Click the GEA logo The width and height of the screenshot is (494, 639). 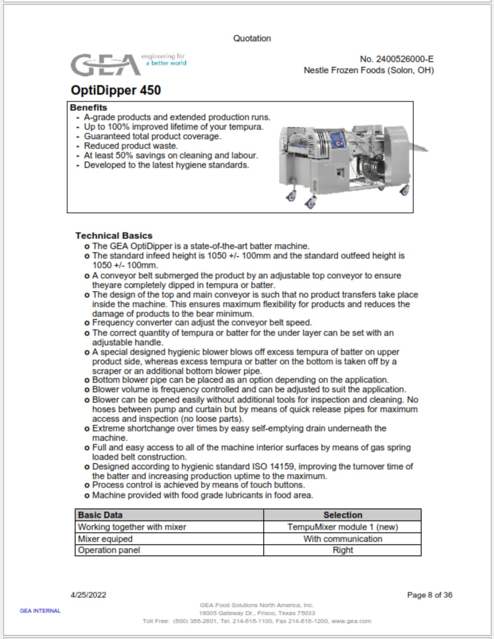[x=106, y=65]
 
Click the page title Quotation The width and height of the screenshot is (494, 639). [x=252, y=38]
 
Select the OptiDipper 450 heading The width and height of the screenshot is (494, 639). [x=116, y=90]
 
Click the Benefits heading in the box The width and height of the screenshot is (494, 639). [x=88, y=107]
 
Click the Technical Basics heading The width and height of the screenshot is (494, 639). [x=114, y=236]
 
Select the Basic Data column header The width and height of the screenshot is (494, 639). [x=100, y=515]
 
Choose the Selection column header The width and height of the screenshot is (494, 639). [x=343, y=515]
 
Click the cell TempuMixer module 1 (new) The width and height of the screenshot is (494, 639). [x=343, y=527]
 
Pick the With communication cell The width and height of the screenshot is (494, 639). [x=343, y=539]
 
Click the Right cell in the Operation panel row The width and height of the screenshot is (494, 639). [x=343, y=550]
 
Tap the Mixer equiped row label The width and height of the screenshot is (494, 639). [x=105, y=539]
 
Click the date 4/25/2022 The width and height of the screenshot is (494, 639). [x=88, y=595]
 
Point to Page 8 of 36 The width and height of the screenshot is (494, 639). [x=429, y=595]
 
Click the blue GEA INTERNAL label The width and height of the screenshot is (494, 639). [x=40, y=611]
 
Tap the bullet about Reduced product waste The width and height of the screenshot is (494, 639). [x=131, y=146]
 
